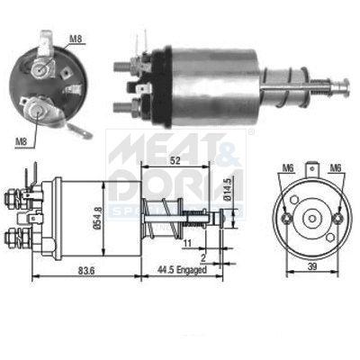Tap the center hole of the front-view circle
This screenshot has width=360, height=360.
click(x=310, y=217)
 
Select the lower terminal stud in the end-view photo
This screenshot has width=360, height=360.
click(x=40, y=111)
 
